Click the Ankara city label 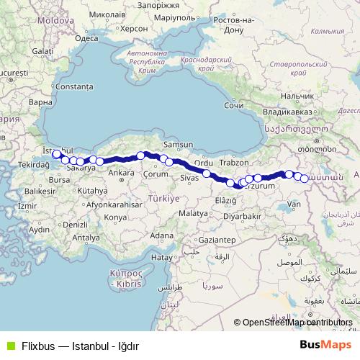[121, 173]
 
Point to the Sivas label [189, 177]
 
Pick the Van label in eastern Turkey [294, 204]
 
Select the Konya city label [114, 217]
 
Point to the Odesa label [86, 39]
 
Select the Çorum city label [156, 174]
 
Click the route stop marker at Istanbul [57, 154]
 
